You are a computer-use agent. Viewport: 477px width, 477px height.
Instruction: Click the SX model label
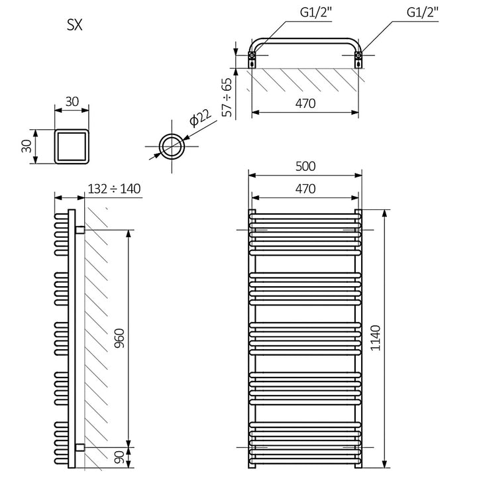74,26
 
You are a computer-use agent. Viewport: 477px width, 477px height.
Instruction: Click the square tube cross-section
72,146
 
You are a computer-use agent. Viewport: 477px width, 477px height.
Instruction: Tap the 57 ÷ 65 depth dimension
227,97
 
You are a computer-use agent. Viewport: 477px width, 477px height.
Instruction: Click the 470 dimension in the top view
305,104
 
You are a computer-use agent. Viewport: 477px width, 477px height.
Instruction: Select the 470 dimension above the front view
305,188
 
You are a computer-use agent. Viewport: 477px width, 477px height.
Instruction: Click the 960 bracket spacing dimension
120,338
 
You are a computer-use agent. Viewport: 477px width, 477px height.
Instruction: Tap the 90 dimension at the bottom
120,458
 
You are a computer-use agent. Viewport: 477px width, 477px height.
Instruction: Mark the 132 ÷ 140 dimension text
114,189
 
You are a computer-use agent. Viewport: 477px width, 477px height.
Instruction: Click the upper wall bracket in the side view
79,230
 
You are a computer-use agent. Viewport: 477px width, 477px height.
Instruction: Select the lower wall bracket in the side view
79,447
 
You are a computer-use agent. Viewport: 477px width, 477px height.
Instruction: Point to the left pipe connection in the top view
253,59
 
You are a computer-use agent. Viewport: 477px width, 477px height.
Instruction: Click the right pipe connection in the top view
358,59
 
